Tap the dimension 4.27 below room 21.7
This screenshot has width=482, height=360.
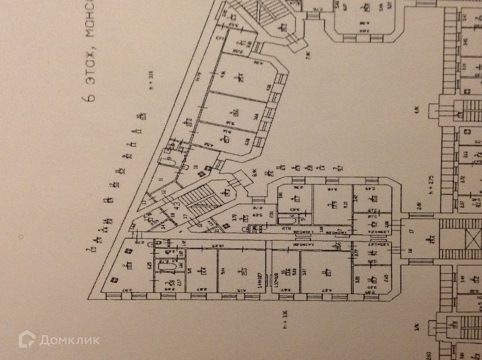pyautogui.click(x=330, y=290)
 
